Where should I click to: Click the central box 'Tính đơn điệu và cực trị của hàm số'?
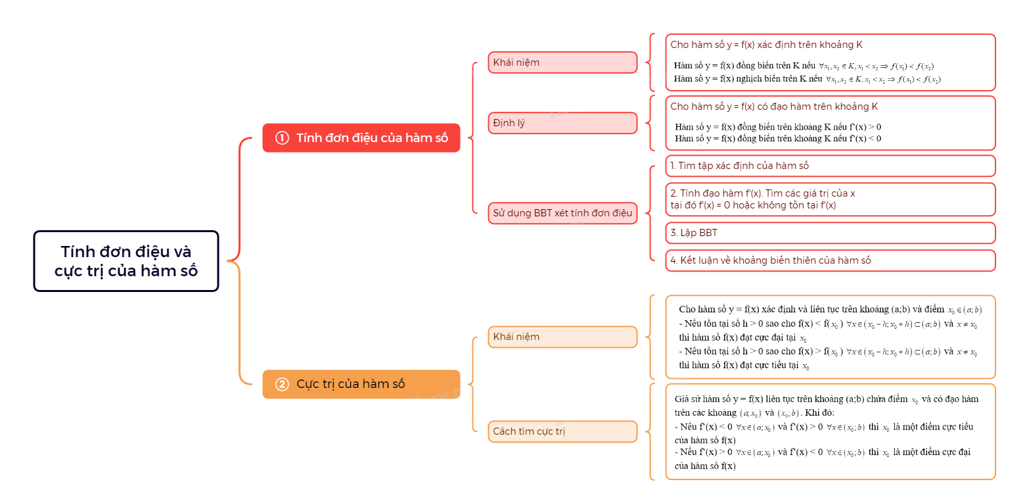click(x=126, y=260)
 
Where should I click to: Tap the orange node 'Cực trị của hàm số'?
click(x=361, y=384)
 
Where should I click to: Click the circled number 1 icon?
click(x=282, y=138)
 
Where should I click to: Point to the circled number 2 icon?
click(x=282, y=384)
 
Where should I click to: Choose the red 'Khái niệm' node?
click(x=562, y=62)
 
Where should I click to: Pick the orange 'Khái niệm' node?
click(x=562, y=337)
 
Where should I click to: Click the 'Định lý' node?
click(x=562, y=123)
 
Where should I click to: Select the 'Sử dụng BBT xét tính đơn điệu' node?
click(x=562, y=212)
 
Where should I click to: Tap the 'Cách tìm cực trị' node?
click(x=562, y=431)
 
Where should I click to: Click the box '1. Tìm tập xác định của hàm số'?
click(x=830, y=166)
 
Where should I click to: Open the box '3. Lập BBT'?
click(x=830, y=233)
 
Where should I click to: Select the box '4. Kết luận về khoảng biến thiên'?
click(x=830, y=260)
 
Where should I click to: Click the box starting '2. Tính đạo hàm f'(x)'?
click(x=830, y=199)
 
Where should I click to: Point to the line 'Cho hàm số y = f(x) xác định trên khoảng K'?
click(x=766, y=45)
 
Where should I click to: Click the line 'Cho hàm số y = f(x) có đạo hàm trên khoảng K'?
click(x=774, y=106)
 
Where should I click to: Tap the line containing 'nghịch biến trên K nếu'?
click(x=807, y=79)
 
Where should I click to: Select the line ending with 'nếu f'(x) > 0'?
click(x=778, y=126)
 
